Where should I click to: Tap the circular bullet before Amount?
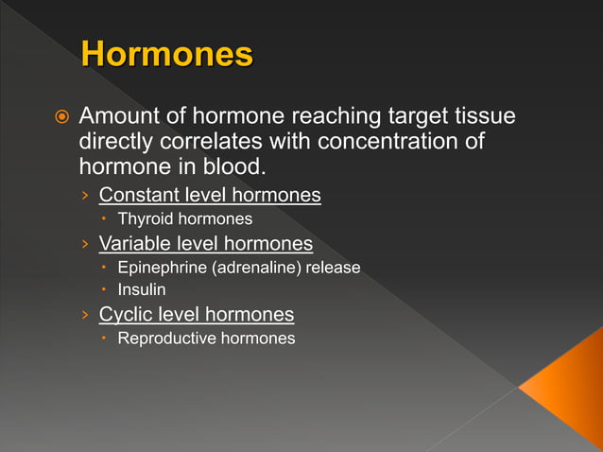pos(60,118)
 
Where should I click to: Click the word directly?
pos(116,143)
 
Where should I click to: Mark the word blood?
pos(227,169)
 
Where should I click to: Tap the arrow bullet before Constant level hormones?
pos(84,197)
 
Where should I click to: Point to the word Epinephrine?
pos(162,268)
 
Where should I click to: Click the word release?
pos(333,268)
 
